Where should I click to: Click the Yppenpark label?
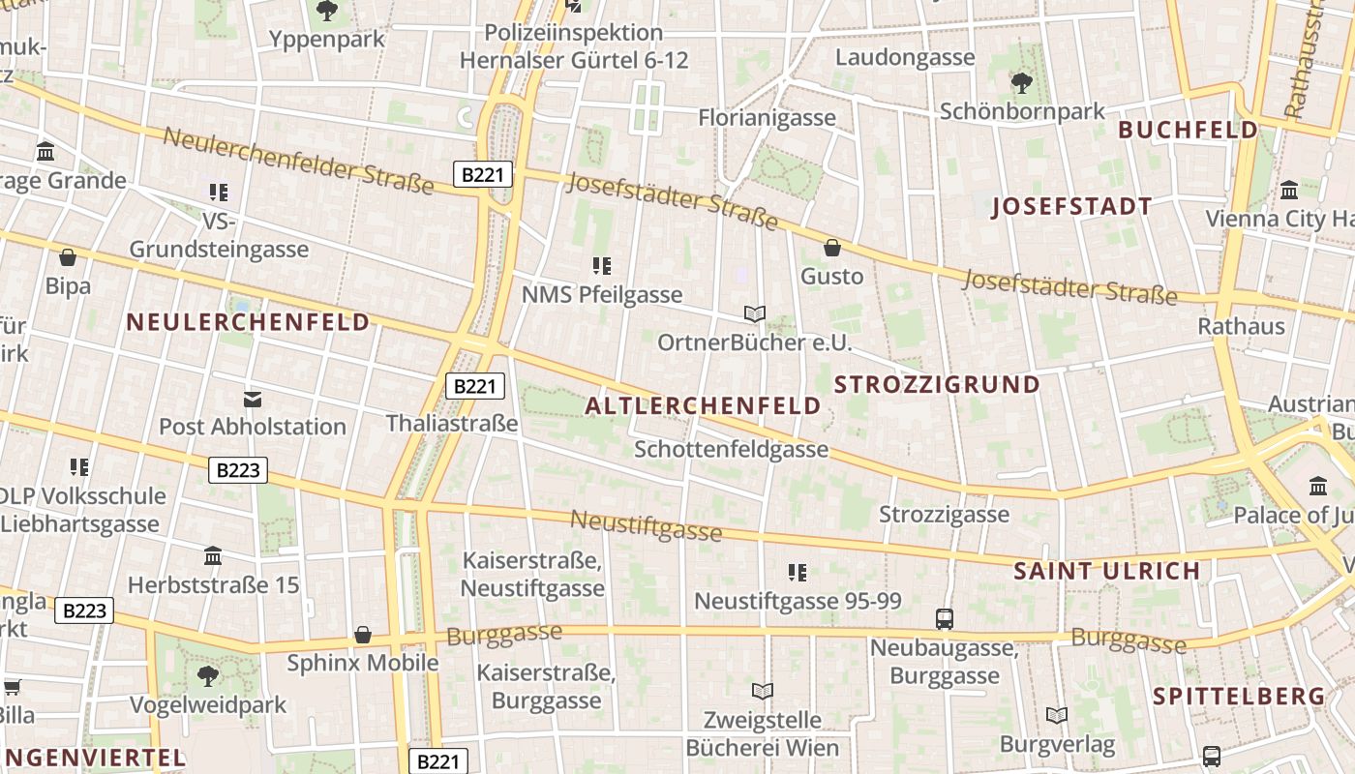pos(327,40)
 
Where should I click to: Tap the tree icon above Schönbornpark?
pos(1022,82)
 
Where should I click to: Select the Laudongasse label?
pos(905,57)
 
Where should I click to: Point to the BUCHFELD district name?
pos(1189,130)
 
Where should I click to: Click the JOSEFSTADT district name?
pos(1071,206)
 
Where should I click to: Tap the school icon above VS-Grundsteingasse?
pos(219,193)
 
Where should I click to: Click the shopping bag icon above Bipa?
pos(68,257)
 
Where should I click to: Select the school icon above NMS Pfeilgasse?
pos(602,265)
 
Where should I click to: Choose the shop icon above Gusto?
pos(831,248)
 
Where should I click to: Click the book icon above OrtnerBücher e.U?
pos(755,313)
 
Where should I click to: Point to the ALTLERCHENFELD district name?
pos(704,406)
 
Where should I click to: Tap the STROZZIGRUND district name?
pos(937,384)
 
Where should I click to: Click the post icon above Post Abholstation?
pos(253,399)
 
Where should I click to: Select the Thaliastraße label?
pos(452,423)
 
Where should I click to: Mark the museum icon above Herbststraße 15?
pos(213,556)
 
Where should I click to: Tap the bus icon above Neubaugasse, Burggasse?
pos(945,618)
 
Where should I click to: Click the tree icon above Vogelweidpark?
pos(208,675)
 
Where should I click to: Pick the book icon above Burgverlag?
pos(1057,716)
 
